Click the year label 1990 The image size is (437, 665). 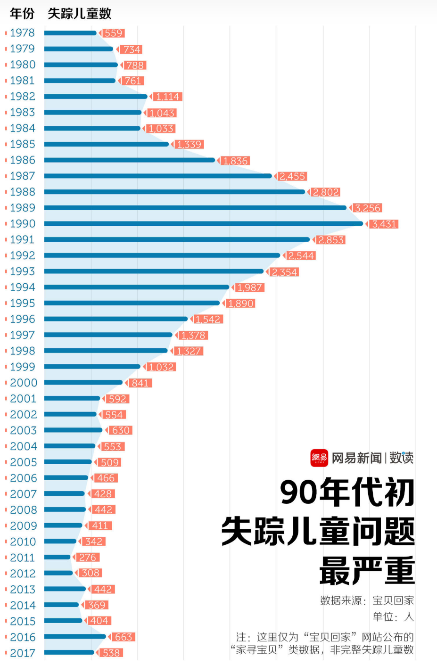[x=23, y=223]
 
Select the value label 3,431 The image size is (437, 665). [x=384, y=224]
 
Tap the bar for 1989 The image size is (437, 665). [x=195, y=207]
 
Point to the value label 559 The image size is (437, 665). [x=113, y=33]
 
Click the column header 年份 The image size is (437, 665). [x=22, y=14]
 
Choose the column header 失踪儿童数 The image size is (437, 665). [x=79, y=14]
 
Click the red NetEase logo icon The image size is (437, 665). [x=319, y=458]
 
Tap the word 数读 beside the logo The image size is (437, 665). [x=401, y=458]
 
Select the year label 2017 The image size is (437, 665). [x=23, y=653]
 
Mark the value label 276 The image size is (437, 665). [x=87, y=557]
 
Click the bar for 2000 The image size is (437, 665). [x=83, y=382]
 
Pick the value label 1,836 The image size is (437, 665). [x=235, y=161]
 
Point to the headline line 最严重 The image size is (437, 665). [x=367, y=570]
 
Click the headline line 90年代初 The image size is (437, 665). [x=347, y=493]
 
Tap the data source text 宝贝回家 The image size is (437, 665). [x=393, y=600]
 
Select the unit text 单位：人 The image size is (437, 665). [x=393, y=616]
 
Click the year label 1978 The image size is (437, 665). [x=23, y=33]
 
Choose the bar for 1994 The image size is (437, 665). [x=137, y=287]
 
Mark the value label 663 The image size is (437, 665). [x=124, y=637]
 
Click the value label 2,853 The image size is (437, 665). [x=330, y=240]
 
